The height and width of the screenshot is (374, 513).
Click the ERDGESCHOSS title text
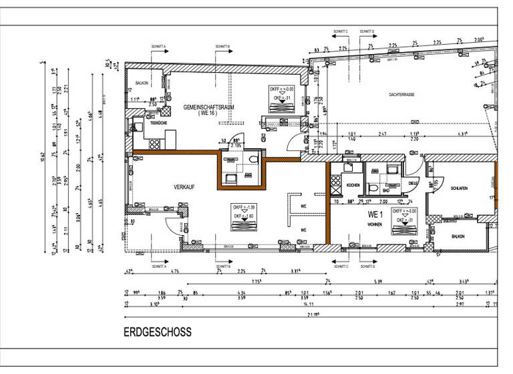point(158,331)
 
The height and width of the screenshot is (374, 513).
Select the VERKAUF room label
point(184,188)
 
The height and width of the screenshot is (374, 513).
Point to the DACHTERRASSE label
point(402,95)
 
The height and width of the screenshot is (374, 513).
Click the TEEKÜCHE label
point(158,124)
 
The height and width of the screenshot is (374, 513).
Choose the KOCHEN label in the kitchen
point(353,184)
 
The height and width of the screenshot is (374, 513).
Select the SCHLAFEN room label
point(458,189)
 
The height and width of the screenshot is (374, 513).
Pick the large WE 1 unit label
point(375,215)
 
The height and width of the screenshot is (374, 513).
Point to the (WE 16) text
point(208,114)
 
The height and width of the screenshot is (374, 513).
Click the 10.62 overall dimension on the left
point(43,157)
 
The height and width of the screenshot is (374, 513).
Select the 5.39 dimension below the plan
point(379,281)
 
